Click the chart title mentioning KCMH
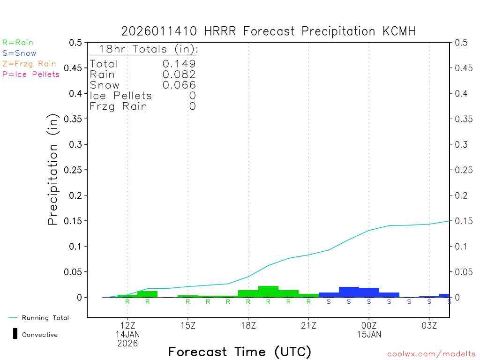point(268,31)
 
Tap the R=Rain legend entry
point(18,43)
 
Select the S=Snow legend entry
point(19,53)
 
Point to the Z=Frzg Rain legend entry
point(29,64)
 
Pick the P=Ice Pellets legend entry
point(31,74)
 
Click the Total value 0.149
point(179,64)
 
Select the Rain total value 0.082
point(179,74)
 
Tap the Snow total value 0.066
point(179,85)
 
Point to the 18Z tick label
point(248,325)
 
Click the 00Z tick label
point(369,325)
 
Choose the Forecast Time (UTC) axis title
point(240,352)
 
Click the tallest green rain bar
point(268,292)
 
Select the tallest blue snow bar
point(349,292)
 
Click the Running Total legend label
point(45,318)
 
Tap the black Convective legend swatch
point(15,334)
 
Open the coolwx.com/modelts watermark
point(431,354)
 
